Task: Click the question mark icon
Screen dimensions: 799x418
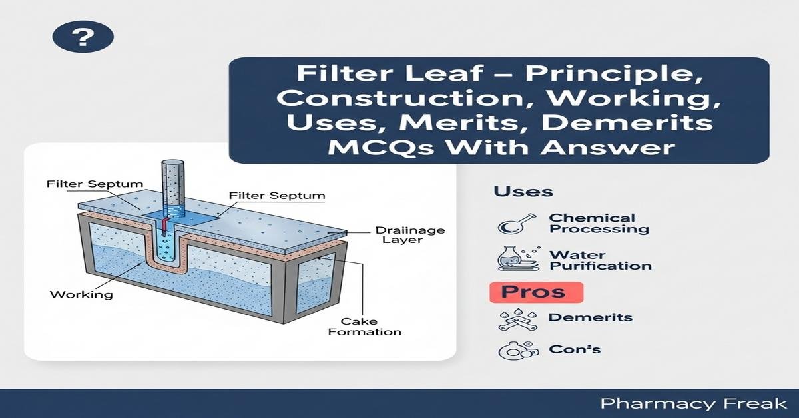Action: coord(83,36)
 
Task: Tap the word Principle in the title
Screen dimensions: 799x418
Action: coord(614,73)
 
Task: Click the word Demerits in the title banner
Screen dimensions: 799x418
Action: coord(627,122)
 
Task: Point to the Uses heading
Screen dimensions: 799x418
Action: coord(523,192)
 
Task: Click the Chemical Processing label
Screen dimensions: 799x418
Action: coord(599,223)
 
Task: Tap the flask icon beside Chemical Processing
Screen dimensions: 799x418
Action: coord(516,224)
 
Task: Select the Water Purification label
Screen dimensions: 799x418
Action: coord(601,260)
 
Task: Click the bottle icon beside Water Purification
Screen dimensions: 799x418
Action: coord(519,258)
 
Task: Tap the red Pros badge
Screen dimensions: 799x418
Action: coord(536,292)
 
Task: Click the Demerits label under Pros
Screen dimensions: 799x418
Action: coord(591,317)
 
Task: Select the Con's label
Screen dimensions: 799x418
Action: coord(574,349)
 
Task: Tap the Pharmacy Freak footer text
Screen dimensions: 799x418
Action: coord(693,404)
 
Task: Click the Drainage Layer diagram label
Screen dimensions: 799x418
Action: coord(410,235)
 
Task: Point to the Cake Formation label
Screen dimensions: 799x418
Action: coord(365,327)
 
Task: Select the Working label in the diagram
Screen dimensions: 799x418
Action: coord(81,295)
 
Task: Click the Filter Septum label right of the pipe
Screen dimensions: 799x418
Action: coord(277,196)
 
